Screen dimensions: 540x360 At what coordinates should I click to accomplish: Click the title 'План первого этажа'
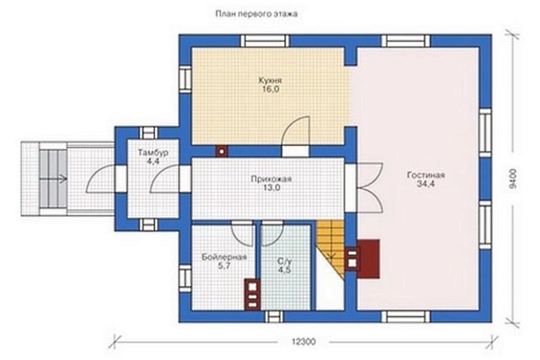(256, 14)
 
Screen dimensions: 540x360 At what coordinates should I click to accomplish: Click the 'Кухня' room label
(270, 81)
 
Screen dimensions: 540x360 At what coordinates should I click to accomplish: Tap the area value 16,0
(270, 89)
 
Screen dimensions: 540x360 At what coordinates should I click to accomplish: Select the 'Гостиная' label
(426, 175)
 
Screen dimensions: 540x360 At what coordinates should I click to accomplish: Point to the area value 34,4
(426, 184)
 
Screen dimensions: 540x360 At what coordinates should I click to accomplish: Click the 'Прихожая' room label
(272, 179)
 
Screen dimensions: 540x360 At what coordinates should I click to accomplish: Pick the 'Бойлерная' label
(225, 257)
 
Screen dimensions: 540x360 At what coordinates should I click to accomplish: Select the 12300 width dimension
(304, 342)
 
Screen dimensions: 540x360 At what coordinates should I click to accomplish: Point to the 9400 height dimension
(513, 178)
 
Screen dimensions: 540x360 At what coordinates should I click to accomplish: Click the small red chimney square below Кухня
(222, 151)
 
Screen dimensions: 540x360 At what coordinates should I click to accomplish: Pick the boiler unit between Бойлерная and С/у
(253, 293)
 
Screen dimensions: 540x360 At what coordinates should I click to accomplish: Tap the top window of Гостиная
(406, 41)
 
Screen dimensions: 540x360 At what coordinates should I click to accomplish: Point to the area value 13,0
(272, 188)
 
